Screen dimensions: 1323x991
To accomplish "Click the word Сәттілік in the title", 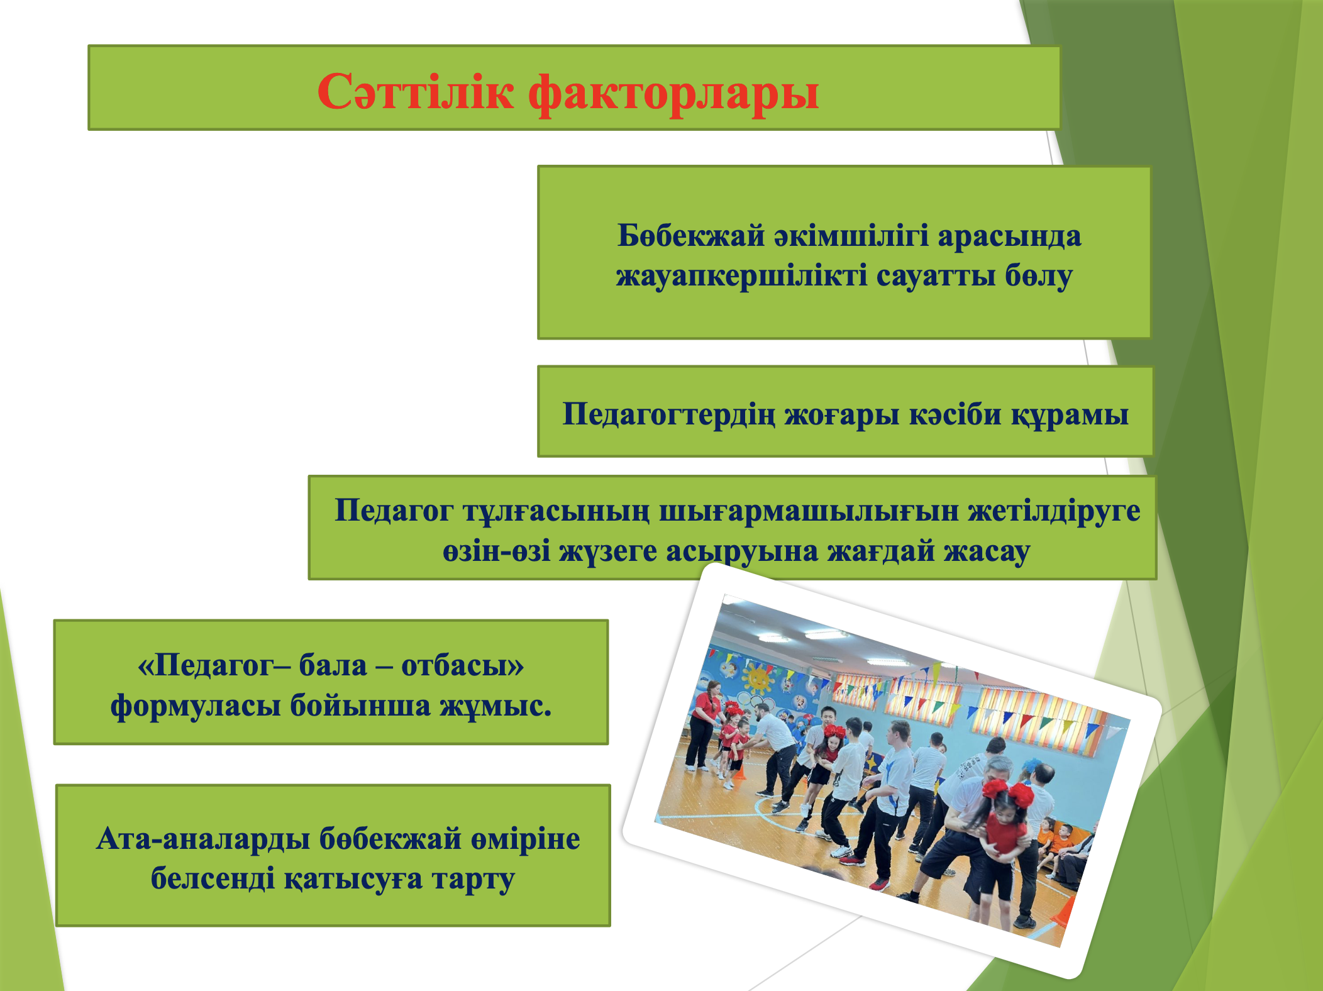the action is (416, 91).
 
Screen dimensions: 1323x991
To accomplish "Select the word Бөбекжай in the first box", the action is (691, 236).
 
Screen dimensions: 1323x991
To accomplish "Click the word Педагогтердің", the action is (668, 414).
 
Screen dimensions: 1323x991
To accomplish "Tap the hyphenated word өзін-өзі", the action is (496, 551).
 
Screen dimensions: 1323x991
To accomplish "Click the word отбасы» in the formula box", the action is (462, 665).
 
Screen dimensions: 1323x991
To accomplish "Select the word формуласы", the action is (195, 706).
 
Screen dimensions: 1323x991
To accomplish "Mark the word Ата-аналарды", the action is (202, 839).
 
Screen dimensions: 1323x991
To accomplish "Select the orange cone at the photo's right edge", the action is (1063, 910).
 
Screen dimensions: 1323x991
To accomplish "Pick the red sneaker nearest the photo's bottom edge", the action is (878, 885).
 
